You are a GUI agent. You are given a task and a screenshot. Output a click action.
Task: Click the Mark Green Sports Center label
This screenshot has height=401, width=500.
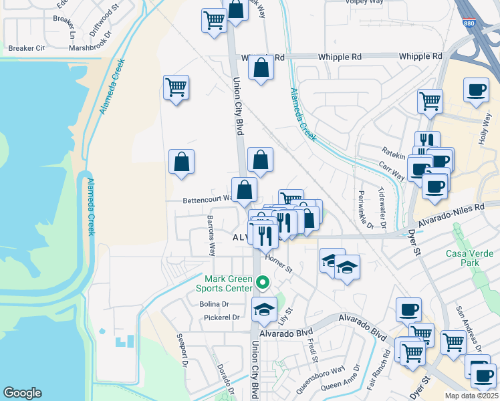point(227,283)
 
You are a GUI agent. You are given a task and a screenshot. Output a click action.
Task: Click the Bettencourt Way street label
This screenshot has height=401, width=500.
point(207,199)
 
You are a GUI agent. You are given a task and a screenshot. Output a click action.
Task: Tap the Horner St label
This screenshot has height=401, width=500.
point(279,263)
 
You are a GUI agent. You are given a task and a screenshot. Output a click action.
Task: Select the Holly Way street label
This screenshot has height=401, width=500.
point(485,130)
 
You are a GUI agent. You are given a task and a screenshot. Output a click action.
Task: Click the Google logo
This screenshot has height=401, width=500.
point(22,393)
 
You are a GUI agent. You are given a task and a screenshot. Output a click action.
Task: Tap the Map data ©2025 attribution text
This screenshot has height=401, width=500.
point(471,396)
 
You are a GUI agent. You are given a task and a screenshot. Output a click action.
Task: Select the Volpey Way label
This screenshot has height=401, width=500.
point(364,2)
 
